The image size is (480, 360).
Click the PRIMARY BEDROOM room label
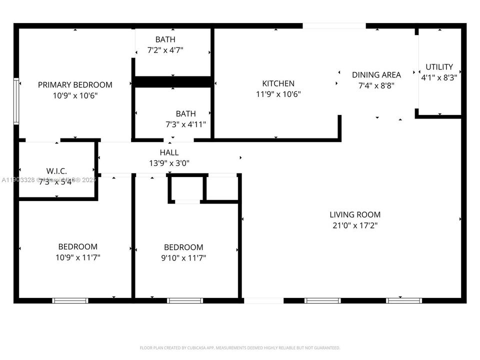click(x=75, y=85)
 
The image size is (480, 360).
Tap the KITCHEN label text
click(x=278, y=83)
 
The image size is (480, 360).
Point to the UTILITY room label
click(x=439, y=67)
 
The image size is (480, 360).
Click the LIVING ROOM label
click(x=355, y=215)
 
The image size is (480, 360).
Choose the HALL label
click(x=169, y=152)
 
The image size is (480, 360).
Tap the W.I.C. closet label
click(x=56, y=171)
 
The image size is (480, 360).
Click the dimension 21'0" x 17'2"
click(x=355, y=225)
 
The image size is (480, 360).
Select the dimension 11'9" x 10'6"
click(x=278, y=94)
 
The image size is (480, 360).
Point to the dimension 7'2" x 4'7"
click(x=165, y=50)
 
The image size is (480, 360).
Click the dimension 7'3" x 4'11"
click(x=185, y=124)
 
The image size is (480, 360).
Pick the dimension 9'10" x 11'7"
click(x=183, y=258)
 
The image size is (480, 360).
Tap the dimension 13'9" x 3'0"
click(x=169, y=163)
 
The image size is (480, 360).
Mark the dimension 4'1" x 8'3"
click(x=439, y=77)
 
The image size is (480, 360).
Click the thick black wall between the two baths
click(x=172, y=82)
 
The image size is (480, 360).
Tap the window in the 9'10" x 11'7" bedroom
click(x=185, y=300)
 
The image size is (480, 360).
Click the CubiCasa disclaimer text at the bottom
click(x=239, y=347)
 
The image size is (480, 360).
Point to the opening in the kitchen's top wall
click(x=334, y=25)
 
